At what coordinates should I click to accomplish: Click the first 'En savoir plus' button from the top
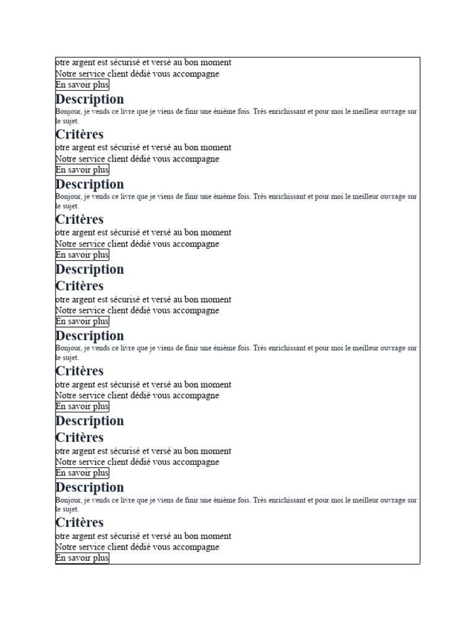[x=82, y=85]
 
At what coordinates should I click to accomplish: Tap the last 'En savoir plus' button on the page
[x=82, y=558]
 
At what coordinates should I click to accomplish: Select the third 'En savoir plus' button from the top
[x=82, y=255]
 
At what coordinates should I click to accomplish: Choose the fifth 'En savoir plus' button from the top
[x=82, y=406]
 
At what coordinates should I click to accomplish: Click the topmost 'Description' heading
[x=90, y=99]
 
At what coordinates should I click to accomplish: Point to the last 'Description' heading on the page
[x=90, y=487]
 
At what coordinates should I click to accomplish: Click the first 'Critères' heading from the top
[x=80, y=134]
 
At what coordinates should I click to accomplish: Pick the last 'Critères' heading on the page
[x=80, y=522]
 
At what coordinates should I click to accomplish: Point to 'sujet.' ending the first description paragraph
[x=69, y=121]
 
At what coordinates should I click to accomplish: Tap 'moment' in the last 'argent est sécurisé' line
[x=215, y=536]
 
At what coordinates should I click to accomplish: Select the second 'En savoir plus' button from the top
[x=82, y=170]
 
